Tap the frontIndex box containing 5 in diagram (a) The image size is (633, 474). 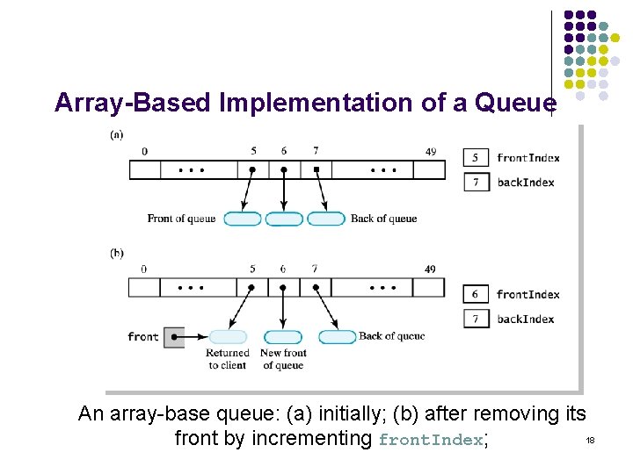tap(476, 158)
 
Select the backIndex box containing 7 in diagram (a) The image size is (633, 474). tap(476, 183)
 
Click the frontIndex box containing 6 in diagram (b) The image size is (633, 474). tap(476, 294)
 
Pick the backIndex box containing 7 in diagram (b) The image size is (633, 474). tap(476, 319)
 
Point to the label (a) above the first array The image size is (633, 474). tap(117, 135)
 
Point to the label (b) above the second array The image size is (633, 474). tap(117, 253)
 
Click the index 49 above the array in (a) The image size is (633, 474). tap(430, 152)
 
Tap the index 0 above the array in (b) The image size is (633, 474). tap(143, 269)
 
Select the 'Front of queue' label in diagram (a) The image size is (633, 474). tap(181, 219)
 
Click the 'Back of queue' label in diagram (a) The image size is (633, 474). tap(383, 219)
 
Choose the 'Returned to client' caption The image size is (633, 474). tap(228, 359)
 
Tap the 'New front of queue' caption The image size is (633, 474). tap(282, 359)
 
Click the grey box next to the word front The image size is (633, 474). tap(175, 337)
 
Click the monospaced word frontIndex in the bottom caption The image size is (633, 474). tap(431, 441)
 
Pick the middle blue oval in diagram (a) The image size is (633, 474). tap(283, 219)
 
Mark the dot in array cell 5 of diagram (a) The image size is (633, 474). tap(252, 169)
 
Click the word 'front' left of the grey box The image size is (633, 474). tap(143, 337)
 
